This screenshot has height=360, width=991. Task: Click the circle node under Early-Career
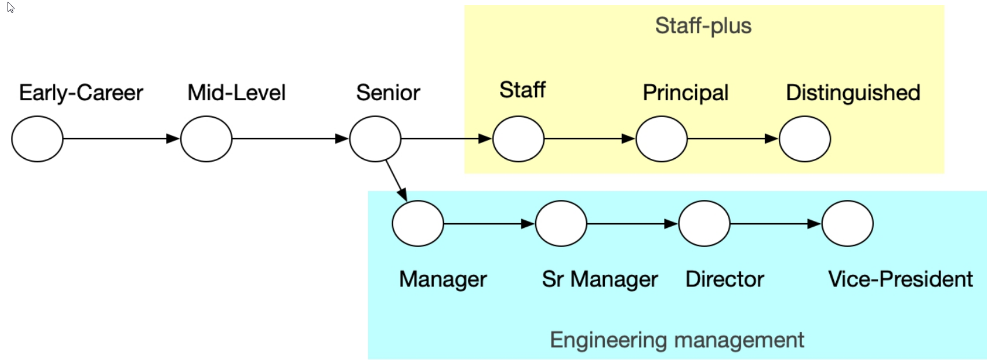37,139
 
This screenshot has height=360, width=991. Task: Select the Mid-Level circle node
206,139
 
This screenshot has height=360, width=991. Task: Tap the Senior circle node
375,139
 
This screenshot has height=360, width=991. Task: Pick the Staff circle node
518,139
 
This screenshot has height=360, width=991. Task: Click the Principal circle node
662,139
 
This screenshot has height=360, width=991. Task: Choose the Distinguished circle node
805,139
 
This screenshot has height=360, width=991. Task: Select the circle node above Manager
418,223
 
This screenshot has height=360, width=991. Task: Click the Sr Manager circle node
561,223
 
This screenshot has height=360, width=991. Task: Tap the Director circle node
704,223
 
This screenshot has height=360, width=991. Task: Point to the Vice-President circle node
847,223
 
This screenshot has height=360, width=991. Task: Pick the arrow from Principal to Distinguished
732,139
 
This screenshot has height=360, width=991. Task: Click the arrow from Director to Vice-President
775,223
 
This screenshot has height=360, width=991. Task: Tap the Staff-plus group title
703,26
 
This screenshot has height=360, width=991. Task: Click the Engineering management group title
676,340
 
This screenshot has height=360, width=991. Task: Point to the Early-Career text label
81,93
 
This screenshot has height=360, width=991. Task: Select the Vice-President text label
900,279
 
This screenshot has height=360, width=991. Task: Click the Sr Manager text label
600,279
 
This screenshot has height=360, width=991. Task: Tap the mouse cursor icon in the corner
10,8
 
